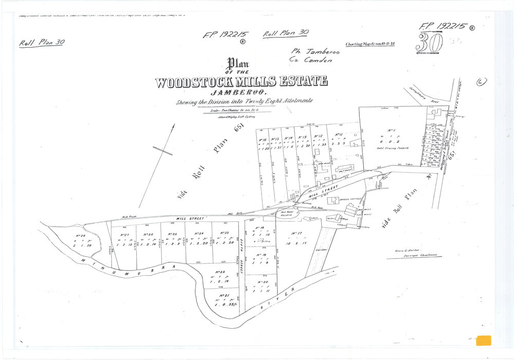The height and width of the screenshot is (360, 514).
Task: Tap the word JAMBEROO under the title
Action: pyautogui.click(x=243, y=92)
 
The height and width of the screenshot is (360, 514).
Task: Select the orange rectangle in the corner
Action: pyautogui.click(x=484, y=340)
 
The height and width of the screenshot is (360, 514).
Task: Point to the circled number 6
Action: pyautogui.click(x=482, y=82)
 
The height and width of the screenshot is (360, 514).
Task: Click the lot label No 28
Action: pyautogui.click(x=80, y=237)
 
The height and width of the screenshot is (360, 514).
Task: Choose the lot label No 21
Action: pyautogui.click(x=223, y=296)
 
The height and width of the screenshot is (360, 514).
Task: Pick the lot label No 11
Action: pyautogui.click(x=339, y=135)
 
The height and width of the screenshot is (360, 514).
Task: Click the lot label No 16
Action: pyautogui.click(x=262, y=139)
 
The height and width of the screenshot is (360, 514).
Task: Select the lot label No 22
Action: pyautogui.click(x=220, y=272)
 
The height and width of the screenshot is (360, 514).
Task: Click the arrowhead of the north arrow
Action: pyautogui.click(x=173, y=126)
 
